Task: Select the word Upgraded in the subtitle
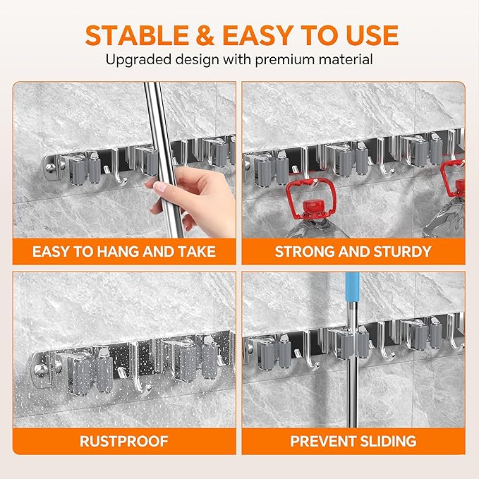pos(135,59)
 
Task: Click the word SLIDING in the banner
pos(388,442)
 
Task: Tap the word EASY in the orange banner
pos(54,252)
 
